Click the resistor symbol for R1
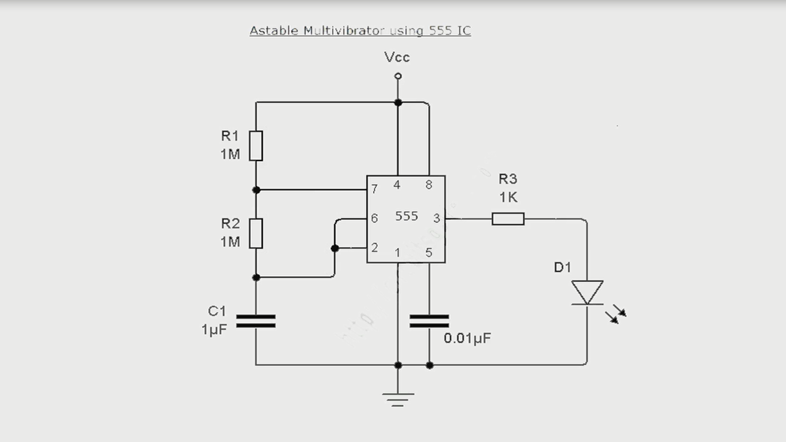click(x=256, y=145)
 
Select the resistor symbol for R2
click(x=256, y=233)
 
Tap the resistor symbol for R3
click(x=507, y=219)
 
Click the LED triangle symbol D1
click(x=587, y=292)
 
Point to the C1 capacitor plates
click(x=256, y=321)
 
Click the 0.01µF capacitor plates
click(x=429, y=321)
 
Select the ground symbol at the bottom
click(x=397, y=399)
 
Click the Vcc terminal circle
click(x=397, y=76)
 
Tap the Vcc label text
click(x=397, y=57)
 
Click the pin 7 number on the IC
click(x=375, y=189)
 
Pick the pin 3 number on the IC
click(x=437, y=218)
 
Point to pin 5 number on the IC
click(x=428, y=253)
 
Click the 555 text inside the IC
click(x=407, y=216)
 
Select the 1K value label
click(x=508, y=197)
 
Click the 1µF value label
click(x=214, y=329)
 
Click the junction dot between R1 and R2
click(x=256, y=190)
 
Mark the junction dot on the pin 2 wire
click(x=334, y=248)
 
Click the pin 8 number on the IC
click(x=428, y=185)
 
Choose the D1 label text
click(x=562, y=267)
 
